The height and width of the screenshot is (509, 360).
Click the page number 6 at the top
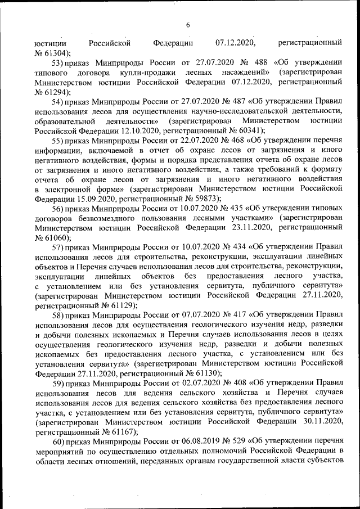[188, 25]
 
